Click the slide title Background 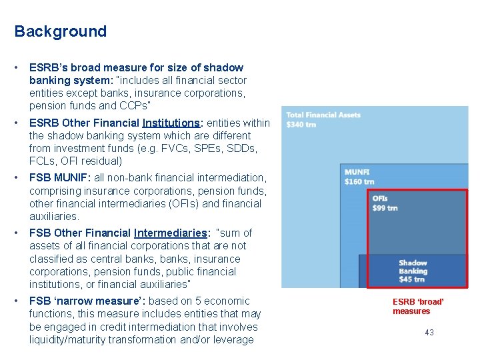click(x=60, y=31)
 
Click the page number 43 click(x=429, y=332)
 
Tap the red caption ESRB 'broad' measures click(x=417, y=306)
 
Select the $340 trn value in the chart click(x=301, y=125)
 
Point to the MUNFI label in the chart click(x=357, y=172)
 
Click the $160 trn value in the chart click(x=359, y=181)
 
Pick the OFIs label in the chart click(x=380, y=198)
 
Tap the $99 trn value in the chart click(x=385, y=207)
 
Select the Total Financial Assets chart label click(x=323, y=115)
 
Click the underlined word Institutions click(x=171, y=123)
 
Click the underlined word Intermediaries click(x=170, y=233)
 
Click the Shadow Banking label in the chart click(x=413, y=267)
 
